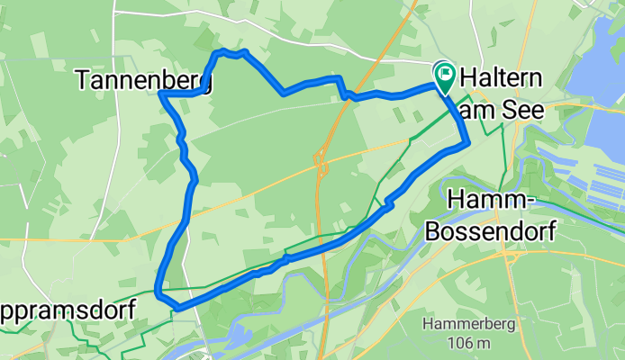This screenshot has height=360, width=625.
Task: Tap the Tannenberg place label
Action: point(144,81)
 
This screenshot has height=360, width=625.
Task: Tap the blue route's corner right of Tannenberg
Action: point(161,93)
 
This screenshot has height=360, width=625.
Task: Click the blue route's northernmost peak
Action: point(222,52)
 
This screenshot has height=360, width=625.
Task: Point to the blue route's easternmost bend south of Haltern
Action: point(467,141)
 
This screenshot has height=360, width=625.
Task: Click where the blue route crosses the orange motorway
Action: point(341,90)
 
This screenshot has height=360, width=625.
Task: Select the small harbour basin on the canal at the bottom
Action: point(236,335)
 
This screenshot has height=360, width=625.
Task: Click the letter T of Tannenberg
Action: point(83,81)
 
